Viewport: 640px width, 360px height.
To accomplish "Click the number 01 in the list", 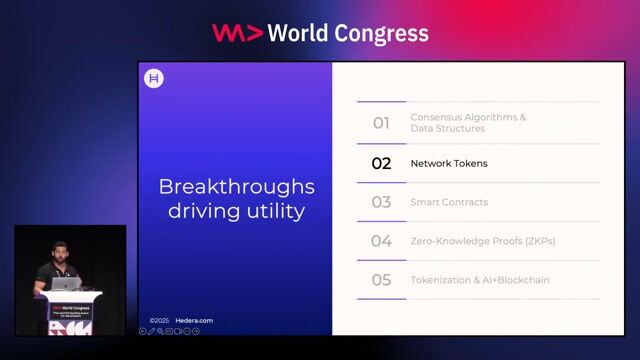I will tap(381, 123).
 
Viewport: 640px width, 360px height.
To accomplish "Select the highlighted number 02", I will tap(381, 163).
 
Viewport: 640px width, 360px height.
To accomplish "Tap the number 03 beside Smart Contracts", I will tap(381, 202).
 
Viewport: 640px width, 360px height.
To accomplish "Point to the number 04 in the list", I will tap(381, 241).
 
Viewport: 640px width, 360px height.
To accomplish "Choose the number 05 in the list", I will tap(381, 280).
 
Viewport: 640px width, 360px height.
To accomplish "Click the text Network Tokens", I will tap(449, 163).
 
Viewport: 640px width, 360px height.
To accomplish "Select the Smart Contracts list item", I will tap(449, 202).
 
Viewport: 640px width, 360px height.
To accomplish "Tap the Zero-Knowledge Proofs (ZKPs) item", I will tap(482, 241).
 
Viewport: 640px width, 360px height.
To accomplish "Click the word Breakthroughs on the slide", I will tap(237, 187).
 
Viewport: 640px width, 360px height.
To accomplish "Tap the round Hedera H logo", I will tap(154, 79).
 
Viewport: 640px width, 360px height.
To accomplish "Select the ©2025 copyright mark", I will tap(160, 321).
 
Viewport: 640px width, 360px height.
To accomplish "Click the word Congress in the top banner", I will tap(380, 33).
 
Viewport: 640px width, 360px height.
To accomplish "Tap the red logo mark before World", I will tap(237, 33).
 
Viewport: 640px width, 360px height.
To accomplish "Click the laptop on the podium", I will tap(65, 283).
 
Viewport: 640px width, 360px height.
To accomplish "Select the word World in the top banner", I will tap(299, 33).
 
